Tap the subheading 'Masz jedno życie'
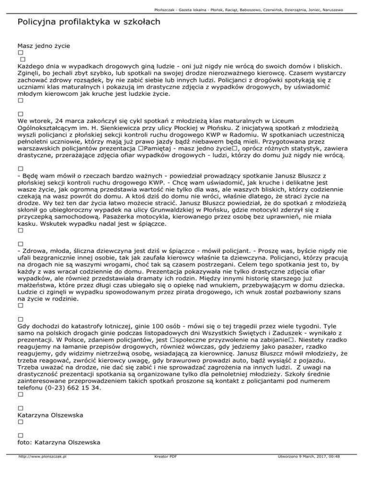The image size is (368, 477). pyautogui.click(x=44, y=46)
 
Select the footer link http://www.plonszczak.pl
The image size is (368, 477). pyautogui.click(x=42, y=470)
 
